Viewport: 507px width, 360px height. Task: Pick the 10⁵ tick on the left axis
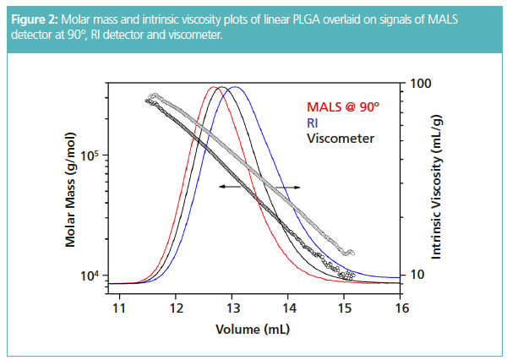tap(89, 155)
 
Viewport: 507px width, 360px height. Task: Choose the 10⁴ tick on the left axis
tap(89, 275)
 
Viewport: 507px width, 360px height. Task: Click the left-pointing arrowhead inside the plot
tap(221, 186)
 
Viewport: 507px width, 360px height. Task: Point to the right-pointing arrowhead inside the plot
tap(297, 186)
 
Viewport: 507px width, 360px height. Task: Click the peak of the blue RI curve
tap(236, 87)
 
